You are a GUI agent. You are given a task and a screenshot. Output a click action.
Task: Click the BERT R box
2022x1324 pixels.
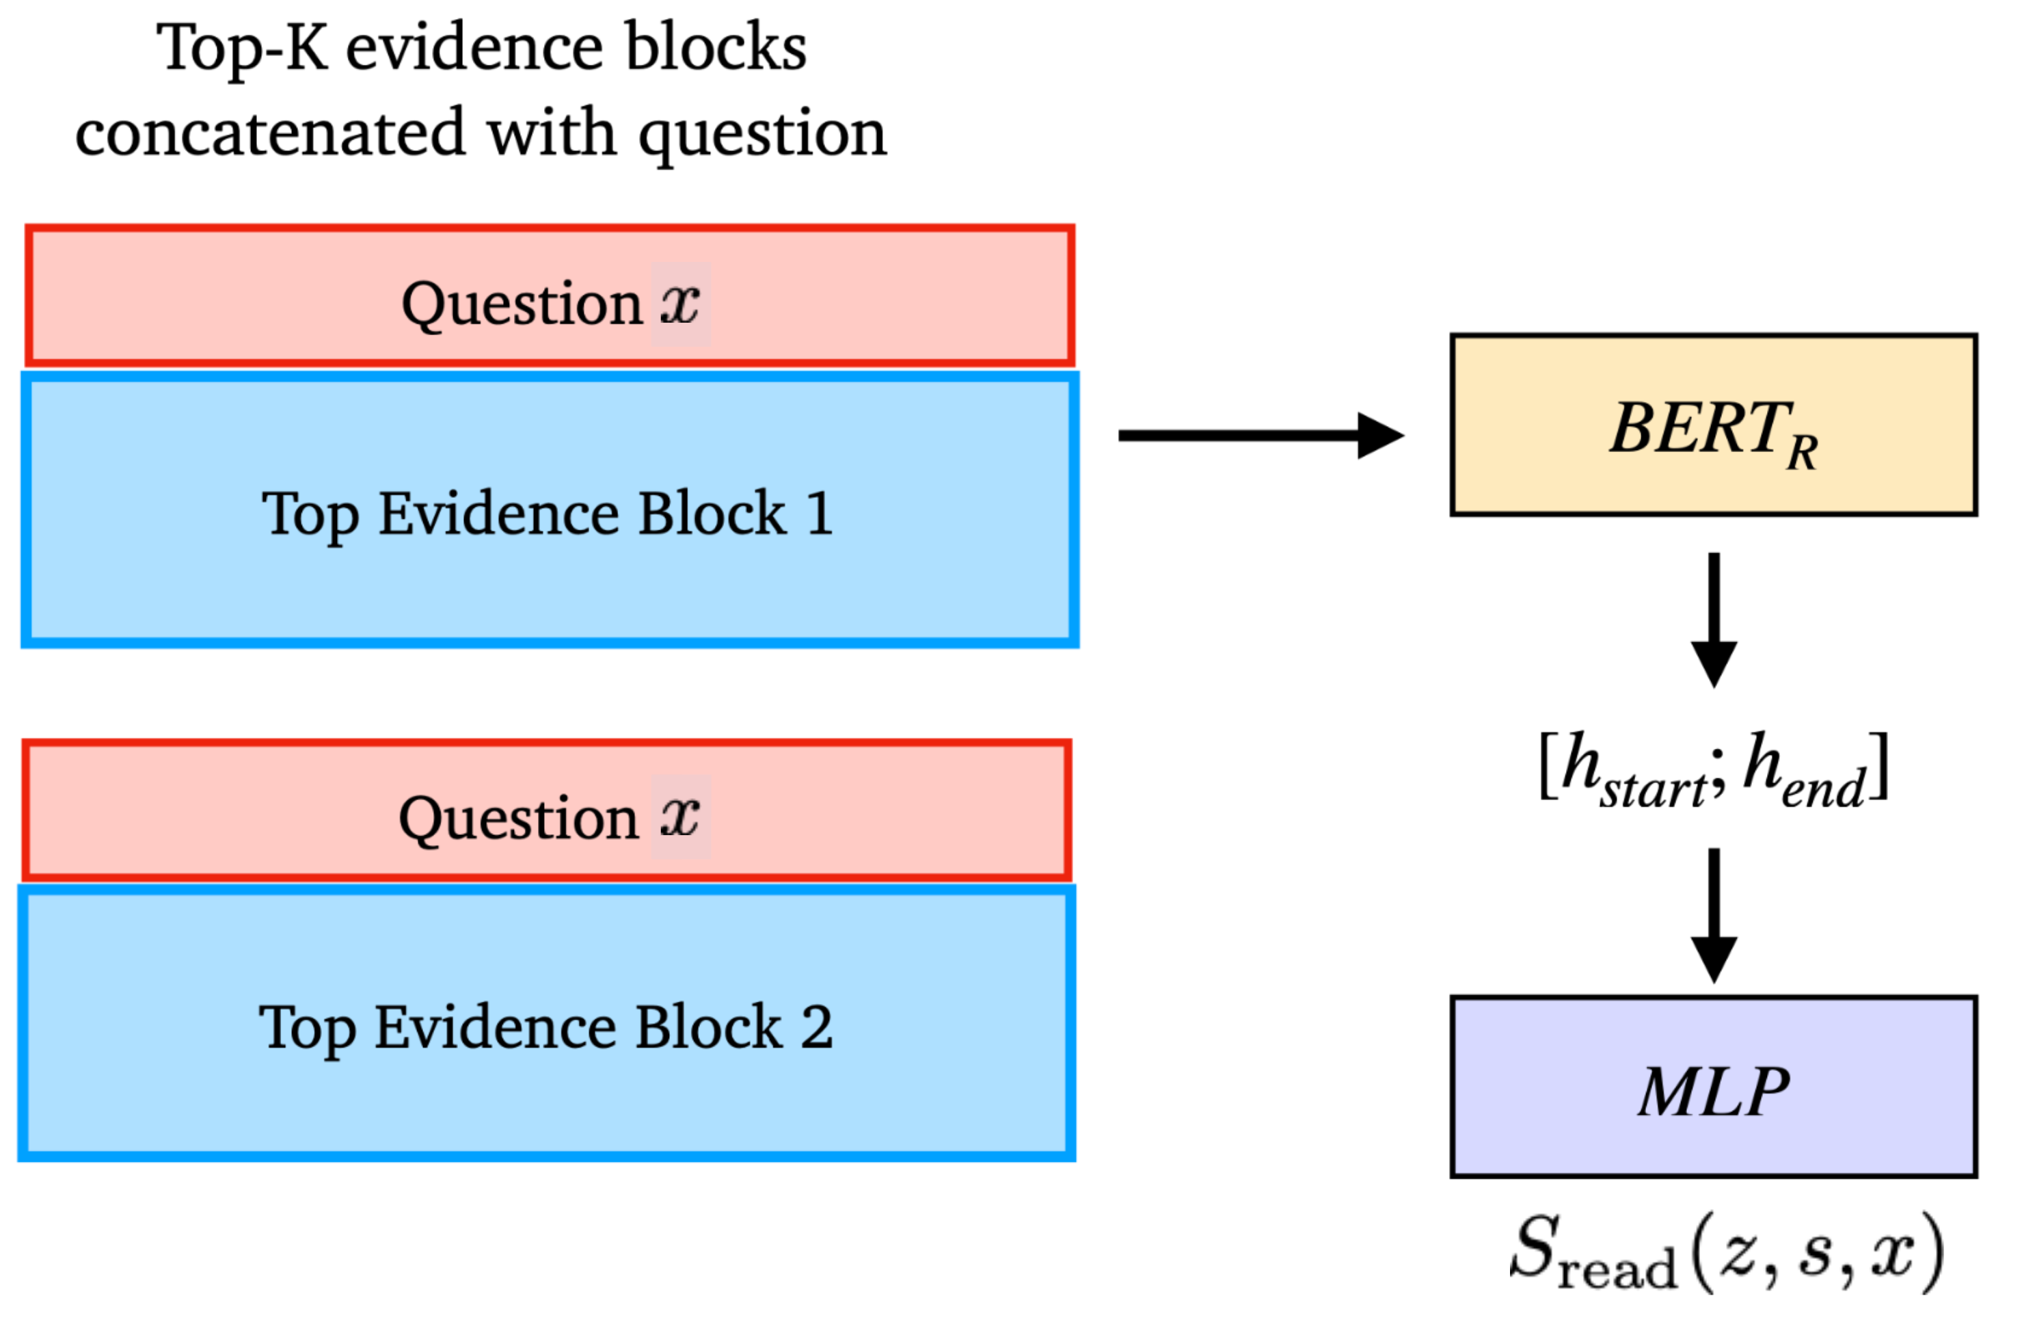click(1713, 425)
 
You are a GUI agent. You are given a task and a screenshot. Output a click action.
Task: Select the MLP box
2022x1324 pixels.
click(1713, 1087)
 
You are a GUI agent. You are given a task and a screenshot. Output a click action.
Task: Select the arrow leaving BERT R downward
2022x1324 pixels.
click(1714, 620)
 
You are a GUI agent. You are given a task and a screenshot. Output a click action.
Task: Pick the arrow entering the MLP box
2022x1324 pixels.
click(1714, 915)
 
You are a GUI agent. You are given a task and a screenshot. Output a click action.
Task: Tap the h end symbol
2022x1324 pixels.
click(1805, 770)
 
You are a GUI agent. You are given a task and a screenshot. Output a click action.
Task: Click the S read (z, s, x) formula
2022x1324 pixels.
click(1726, 1253)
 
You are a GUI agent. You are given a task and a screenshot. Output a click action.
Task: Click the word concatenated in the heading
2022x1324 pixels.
click(270, 134)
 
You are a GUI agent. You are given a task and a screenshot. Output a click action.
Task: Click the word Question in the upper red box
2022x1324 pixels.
click(522, 305)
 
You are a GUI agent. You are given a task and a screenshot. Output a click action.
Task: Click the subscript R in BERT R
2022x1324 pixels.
click(1801, 452)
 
